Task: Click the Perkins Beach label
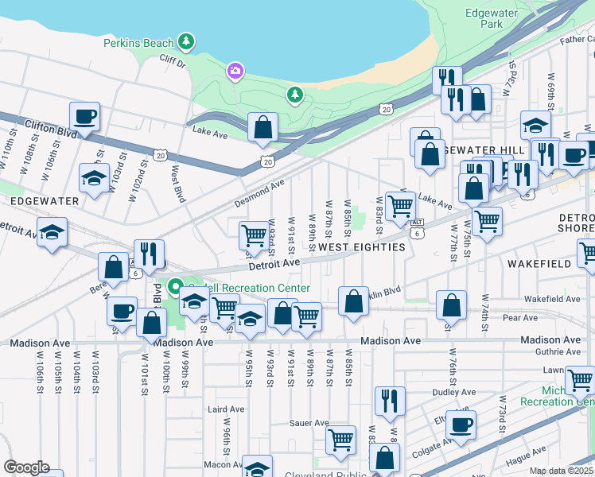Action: coord(139,41)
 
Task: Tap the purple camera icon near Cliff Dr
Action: coord(235,72)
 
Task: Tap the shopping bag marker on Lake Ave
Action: coord(262,128)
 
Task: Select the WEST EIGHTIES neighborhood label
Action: coord(361,247)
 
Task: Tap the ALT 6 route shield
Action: coord(417,230)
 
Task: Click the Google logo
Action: coord(26,467)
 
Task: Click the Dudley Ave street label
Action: coord(453,392)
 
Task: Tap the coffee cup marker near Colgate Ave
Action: coord(460,425)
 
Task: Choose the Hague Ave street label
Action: coord(526,460)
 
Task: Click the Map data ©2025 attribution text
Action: coord(561,471)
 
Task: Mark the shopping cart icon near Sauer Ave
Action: coord(341,439)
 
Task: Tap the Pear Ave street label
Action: coord(520,317)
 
